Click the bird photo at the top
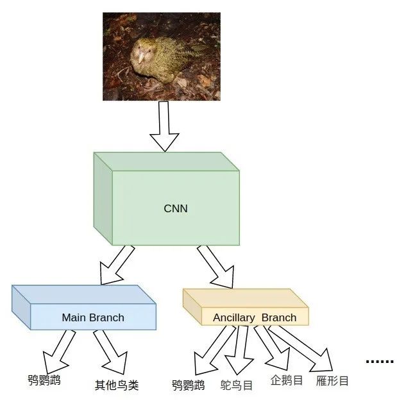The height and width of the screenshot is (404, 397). click(x=161, y=56)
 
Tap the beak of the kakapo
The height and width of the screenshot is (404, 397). click(x=138, y=60)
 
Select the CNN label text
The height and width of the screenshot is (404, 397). click(x=175, y=208)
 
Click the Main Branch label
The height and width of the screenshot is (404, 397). click(x=93, y=317)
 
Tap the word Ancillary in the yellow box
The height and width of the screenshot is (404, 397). click(x=234, y=317)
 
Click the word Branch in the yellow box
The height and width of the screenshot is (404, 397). click(x=279, y=317)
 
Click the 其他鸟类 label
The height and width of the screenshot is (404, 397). click(x=117, y=385)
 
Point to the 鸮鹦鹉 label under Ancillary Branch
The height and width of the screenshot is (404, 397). click(x=189, y=385)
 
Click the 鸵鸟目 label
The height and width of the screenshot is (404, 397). click(x=237, y=385)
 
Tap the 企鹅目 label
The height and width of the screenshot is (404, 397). click(x=287, y=380)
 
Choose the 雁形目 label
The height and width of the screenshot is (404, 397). click(x=333, y=381)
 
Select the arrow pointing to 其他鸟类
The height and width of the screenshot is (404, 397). click(x=109, y=353)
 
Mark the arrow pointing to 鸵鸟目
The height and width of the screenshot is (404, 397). click(x=242, y=351)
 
